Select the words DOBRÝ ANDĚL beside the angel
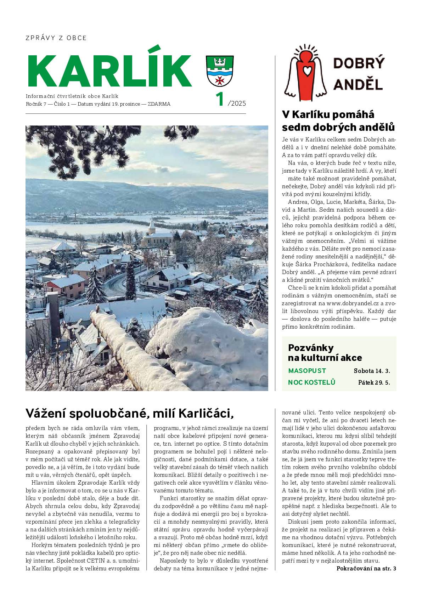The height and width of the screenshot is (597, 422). (358, 74)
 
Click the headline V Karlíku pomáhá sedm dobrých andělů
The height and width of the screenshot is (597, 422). (338, 121)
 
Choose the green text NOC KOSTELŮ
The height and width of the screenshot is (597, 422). (311, 382)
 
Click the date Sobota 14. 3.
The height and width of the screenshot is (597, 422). (372, 371)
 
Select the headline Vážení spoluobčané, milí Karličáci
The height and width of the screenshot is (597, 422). (130, 413)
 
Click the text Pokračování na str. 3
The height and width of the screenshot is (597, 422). (366, 569)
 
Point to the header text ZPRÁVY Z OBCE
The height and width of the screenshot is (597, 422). (56, 38)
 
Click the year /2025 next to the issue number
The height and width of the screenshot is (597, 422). (237, 104)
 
